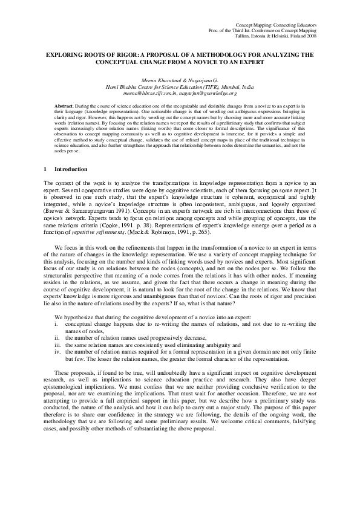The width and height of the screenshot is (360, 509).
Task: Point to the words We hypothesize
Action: tap(73, 317)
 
